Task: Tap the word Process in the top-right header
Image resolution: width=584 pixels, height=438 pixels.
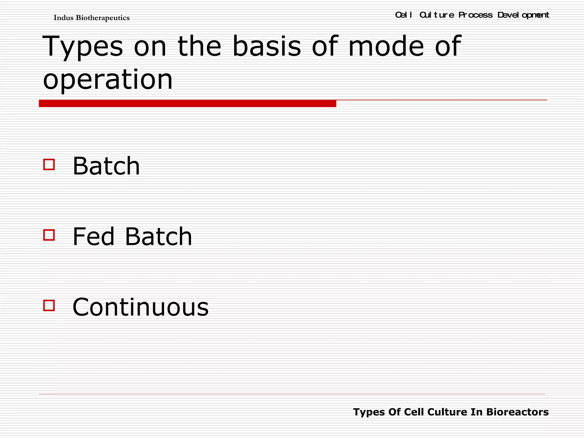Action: click(x=475, y=15)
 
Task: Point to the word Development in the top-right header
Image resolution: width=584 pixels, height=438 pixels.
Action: click(x=523, y=15)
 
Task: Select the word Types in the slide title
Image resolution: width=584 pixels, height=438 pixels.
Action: click(x=83, y=46)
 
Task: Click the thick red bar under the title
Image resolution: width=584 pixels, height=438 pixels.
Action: click(x=187, y=104)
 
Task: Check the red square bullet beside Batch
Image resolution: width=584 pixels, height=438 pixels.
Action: click(x=49, y=165)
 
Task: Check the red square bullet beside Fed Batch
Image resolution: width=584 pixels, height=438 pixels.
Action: click(x=49, y=235)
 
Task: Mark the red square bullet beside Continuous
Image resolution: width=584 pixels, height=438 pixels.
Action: click(x=49, y=305)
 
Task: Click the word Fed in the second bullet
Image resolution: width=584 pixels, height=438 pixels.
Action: click(x=94, y=236)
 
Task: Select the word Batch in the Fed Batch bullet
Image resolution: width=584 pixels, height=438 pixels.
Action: click(x=159, y=236)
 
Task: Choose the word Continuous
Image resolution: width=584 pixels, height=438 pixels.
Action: click(x=141, y=307)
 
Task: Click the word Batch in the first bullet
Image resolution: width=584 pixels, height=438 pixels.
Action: click(x=106, y=166)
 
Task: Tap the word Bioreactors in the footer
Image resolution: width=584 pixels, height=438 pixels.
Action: click(x=517, y=412)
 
